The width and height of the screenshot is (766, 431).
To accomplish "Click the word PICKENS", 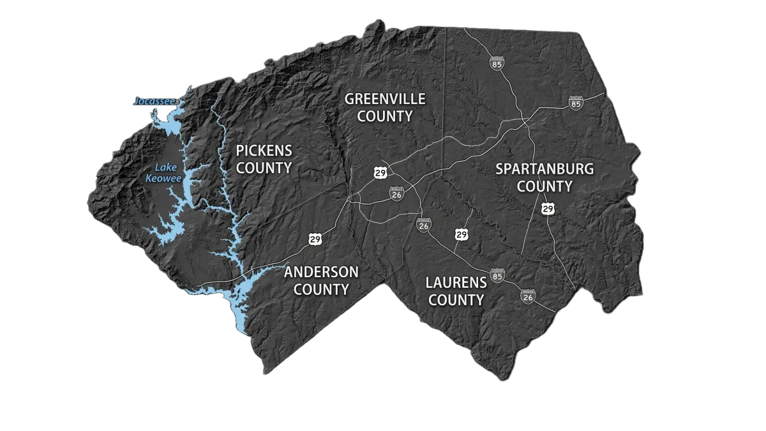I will click(264, 151).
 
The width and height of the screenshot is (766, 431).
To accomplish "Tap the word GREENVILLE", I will click(385, 99).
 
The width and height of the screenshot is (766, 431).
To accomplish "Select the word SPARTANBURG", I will click(544, 169).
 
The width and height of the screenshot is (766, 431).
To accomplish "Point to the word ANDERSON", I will click(321, 272).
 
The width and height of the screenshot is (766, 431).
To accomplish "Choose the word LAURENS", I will click(456, 282).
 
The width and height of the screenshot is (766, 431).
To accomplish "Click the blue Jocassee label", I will click(153, 102).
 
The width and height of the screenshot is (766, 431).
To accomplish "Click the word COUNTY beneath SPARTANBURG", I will click(544, 186).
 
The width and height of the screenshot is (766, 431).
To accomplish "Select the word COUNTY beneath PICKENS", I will click(264, 168).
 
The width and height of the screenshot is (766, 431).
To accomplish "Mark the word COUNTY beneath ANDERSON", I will click(321, 290).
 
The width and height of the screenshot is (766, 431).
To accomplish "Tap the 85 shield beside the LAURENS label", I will click(498, 275).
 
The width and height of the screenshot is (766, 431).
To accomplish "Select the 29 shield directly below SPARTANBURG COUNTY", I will click(548, 209).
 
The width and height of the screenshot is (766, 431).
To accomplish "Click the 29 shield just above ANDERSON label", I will click(315, 239).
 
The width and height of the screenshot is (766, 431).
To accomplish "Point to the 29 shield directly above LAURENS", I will click(462, 234).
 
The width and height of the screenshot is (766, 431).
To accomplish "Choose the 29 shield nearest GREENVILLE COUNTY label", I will click(380, 172).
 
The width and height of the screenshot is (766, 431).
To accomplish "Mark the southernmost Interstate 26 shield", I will click(527, 296).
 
